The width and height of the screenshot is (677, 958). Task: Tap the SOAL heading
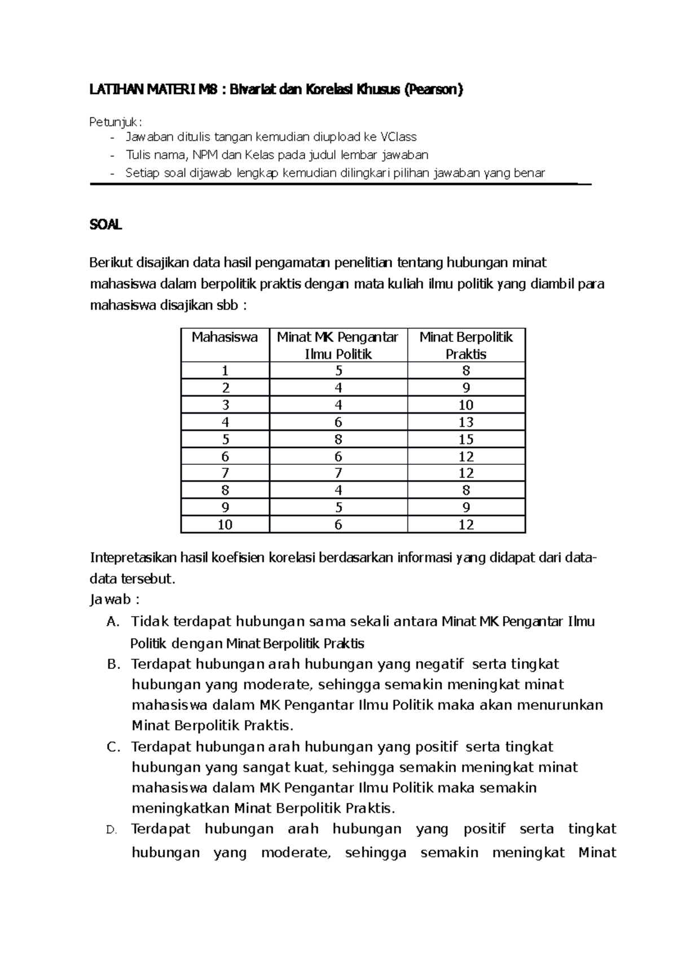(x=105, y=225)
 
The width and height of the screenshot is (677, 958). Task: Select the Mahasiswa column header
(x=225, y=337)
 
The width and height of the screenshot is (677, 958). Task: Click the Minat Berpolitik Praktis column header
(x=466, y=345)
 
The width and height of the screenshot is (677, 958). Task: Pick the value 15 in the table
(x=466, y=439)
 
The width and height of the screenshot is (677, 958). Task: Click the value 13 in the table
(x=466, y=422)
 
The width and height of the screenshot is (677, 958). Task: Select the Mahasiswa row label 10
(x=225, y=525)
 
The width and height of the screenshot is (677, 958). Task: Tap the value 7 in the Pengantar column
(x=338, y=473)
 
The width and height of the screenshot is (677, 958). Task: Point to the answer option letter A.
(x=113, y=622)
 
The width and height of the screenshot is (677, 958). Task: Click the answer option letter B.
(x=113, y=664)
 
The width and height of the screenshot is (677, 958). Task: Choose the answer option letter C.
(x=113, y=747)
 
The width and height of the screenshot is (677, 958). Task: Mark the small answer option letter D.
(x=111, y=830)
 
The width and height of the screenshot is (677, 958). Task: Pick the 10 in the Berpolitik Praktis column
(x=466, y=405)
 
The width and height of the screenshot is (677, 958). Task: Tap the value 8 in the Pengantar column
(x=338, y=439)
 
